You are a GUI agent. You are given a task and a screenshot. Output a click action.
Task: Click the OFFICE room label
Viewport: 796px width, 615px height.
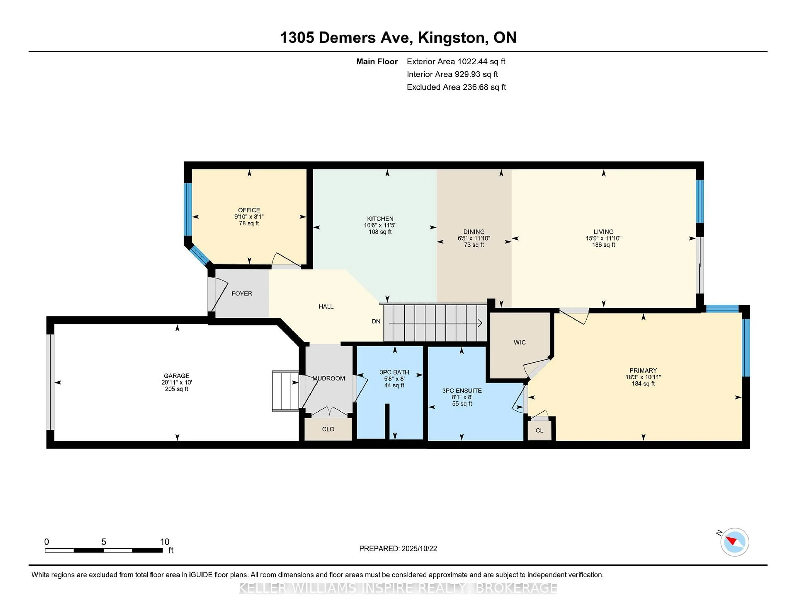click(x=249, y=210)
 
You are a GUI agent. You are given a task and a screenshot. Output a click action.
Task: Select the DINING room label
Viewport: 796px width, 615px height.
click(x=474, y=232)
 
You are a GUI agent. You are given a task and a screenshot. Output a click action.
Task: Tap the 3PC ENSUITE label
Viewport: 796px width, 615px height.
click(x=462, y=391)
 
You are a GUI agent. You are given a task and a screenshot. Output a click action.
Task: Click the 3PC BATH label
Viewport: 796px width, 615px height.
click(x=394, y=372)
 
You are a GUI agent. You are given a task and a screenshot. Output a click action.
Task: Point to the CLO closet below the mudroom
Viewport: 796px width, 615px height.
click(x=328, y=429)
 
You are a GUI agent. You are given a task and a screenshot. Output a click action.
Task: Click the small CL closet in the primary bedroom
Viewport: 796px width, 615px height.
click(x=539, y=431)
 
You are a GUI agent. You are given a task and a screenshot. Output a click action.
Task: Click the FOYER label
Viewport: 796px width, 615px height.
click(x=242, y=294)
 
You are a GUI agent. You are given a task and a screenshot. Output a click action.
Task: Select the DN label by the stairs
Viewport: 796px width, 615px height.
click(x=376, y=321)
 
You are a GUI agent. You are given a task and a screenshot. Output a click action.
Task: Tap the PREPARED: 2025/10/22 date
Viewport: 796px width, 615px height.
click(x=398, y=549)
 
